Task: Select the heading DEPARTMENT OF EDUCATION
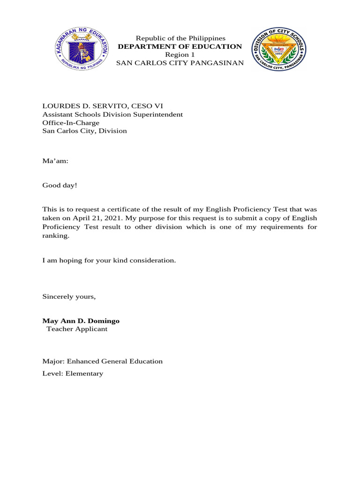pyautogui.click(x=180, y=46)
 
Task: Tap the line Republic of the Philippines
pyautogui.click(x=180, y=38)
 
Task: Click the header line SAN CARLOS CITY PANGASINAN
pyautogui.click(x=180, y=63)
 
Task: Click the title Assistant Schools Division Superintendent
pyautogui.click(x=112, y=114)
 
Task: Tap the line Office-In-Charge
pyautogui.click(x=71, y=123)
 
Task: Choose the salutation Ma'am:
pyautogui.click(x=55, y=161)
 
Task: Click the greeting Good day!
pyautogui.click(x=60, y=186)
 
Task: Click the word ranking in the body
pyautogui.click(x=55, y=236)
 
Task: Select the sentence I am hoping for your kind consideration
pyautogui.click(x=109, y=260)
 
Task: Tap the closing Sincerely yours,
pyautogui.click(x=69, y=297)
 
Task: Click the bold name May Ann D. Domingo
pyautogui.click(x=81, y=321)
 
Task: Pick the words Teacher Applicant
pyautogui.click(x=77, y=329)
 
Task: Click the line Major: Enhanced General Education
pyautogui.click(x=103, y=361)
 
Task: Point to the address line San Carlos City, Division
pyautogui.click(x=85, y=131)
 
